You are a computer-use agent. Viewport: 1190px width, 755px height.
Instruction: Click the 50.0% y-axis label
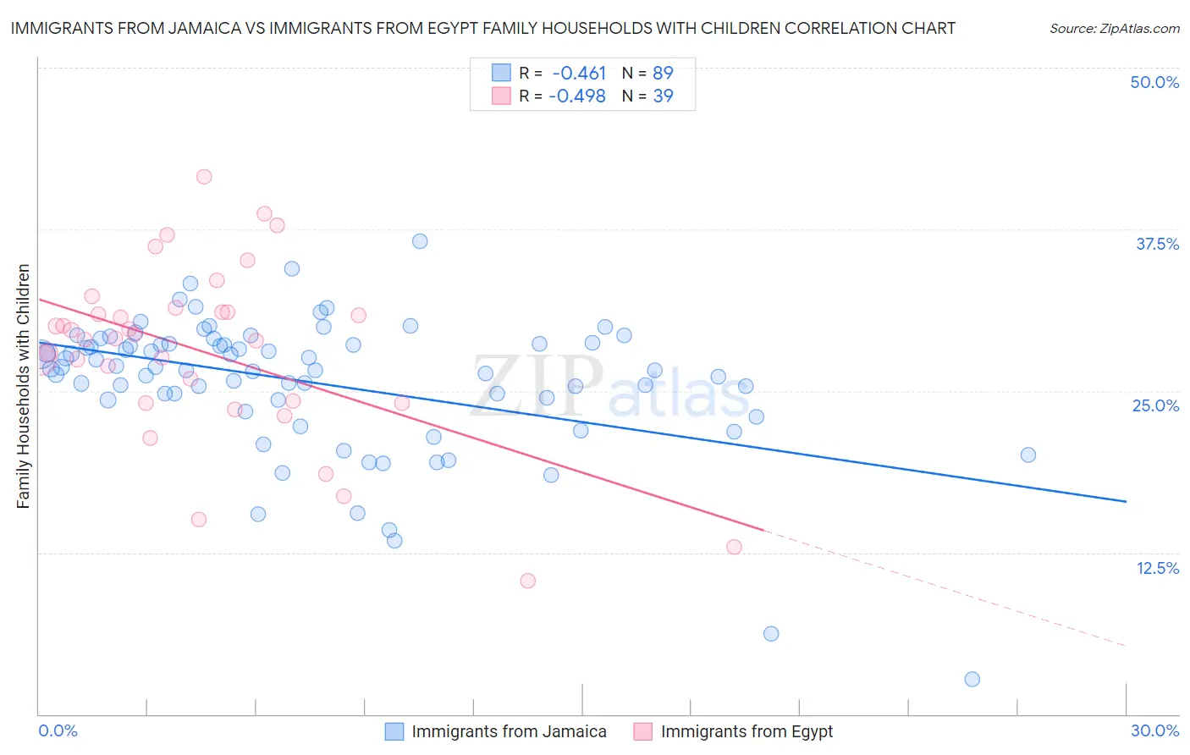click(x=1154, y=82)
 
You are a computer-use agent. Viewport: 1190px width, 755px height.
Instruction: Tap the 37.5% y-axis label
click(x=1157, y=244)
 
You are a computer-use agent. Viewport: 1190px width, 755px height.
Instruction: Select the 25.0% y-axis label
click(x=1155, y=405)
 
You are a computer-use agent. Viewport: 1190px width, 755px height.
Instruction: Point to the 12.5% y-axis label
click(x=1157, y=568)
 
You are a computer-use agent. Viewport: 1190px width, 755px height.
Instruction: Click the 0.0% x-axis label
click(x=58, y=730)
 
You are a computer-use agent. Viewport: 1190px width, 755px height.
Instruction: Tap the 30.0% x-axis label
click(x=1154, y=730)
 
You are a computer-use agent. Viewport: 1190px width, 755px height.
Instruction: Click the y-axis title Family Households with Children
click(x=23, y=386)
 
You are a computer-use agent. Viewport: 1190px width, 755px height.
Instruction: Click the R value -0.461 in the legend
click(x=579, y=73)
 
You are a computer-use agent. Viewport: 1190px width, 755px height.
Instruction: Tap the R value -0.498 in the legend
click(x=577, y=96)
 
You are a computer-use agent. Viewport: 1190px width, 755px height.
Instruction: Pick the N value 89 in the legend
click(x=663, y=73)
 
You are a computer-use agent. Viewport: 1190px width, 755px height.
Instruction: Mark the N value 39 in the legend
click(x=663, y=96)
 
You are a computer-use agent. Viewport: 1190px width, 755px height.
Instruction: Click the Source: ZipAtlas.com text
click(x=1114, y=28)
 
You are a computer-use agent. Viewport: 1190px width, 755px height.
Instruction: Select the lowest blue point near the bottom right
click(x=972, y=679)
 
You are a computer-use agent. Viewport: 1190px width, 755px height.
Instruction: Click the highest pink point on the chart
click(x=204, y=177)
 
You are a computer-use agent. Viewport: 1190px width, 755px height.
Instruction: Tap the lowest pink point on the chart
click(x=527, y=581)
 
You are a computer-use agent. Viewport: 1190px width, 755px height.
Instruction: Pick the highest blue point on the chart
click(x=420, y=241)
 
